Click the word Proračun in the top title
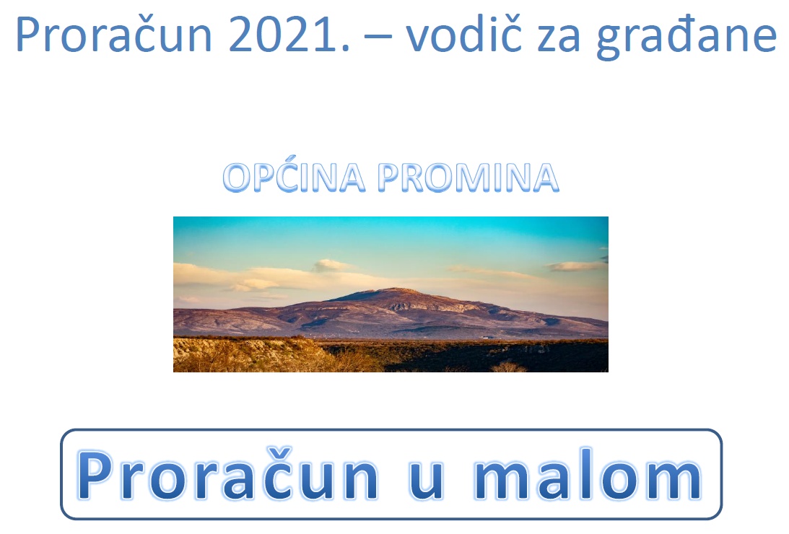coord(113,34)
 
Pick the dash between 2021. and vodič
coord(378,36)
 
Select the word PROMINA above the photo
coord(468,178)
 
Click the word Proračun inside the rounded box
coord(227,474)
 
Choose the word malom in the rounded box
coord(587,474)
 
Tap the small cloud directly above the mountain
coord(331,265)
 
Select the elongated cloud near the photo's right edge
coord(575,266)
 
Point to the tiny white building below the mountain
coord(485,338)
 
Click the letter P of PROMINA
coord(391,178)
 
